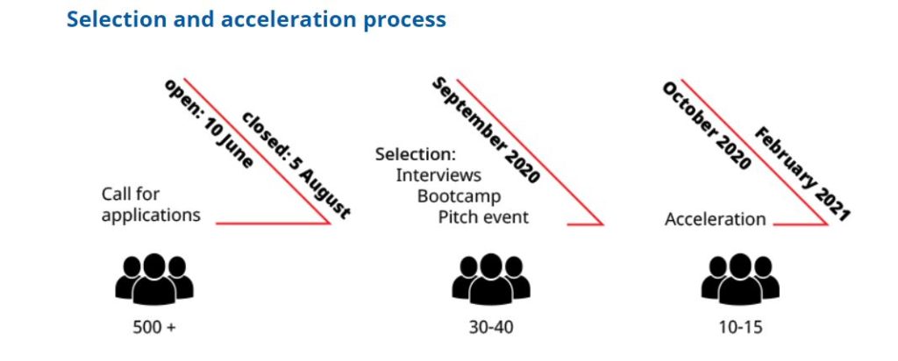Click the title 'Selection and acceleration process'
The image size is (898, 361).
pos(256,19)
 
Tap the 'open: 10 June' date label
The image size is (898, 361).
pos(209,124)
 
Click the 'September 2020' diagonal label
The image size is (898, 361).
pos(486,131)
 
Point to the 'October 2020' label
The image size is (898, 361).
pos(706,126)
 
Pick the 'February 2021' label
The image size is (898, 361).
pos(802,174)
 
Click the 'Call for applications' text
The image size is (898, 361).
pos(151,204)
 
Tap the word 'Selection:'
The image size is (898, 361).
pos(415,154)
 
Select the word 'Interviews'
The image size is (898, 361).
pos(438,175)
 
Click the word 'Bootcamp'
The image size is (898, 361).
pos(460,196)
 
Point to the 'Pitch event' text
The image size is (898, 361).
pos(484,217)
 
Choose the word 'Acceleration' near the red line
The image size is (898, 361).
pos(716,219)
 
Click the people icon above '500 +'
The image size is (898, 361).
pos(154,280)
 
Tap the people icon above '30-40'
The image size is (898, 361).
pos(491,280)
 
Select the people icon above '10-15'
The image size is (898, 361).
pos(740,280)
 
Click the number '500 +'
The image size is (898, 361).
pos(154,328)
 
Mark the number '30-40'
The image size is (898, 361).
pos(491,328)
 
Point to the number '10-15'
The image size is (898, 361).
pos(741,328)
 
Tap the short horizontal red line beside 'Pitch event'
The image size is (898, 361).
pos(585,224)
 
